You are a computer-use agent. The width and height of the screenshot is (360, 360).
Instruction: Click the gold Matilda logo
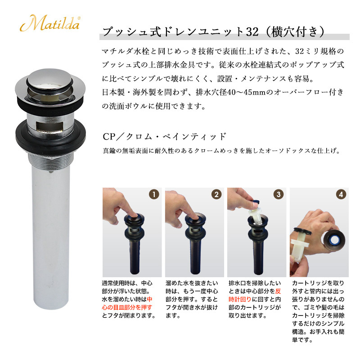click(50, 23)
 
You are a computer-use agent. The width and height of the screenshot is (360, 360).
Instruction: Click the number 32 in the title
click(252, 31)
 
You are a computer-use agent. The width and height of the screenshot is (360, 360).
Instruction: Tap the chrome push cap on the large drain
click(49, 77)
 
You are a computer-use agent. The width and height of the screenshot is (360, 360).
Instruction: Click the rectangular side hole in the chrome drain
click(49, 126)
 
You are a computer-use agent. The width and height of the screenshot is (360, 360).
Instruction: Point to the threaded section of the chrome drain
click(50, 162)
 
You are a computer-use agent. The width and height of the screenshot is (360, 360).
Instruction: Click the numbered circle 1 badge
click(154, 194)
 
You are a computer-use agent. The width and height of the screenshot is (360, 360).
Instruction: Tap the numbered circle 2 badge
click(216, 194)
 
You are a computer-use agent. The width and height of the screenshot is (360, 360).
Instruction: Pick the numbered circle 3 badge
click(279, 194)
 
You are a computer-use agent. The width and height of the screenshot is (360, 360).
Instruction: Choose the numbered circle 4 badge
click(341, 194)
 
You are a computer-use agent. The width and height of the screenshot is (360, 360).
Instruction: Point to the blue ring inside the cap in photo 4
click(334, 240)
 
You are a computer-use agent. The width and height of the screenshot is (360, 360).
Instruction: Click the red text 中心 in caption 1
click(149, 299)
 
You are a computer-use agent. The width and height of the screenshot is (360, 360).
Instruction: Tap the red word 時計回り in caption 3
click(240, 299)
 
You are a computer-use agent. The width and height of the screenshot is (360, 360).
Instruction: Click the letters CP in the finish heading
click(109, 137)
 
